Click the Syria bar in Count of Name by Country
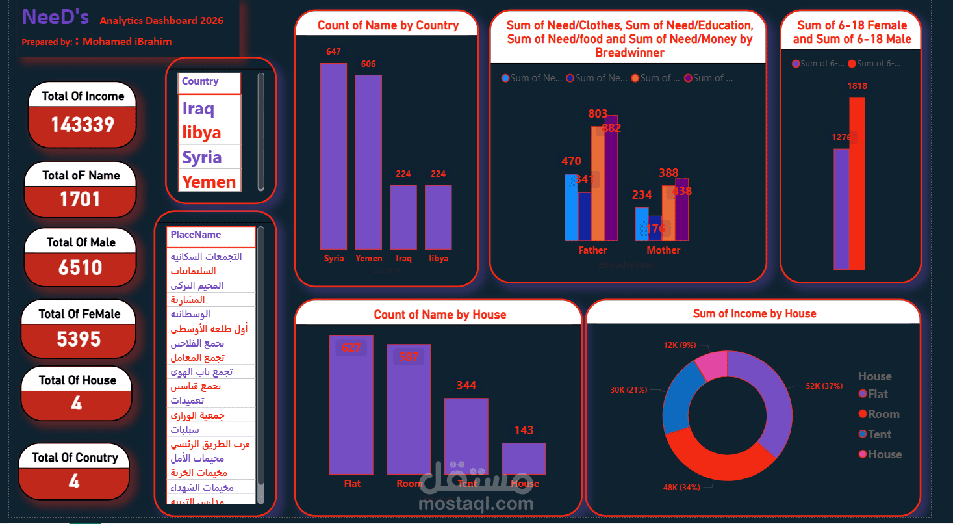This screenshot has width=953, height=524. point(333,156)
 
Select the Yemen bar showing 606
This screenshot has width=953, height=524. point(368,162)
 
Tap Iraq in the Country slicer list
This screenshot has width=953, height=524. point(198,108)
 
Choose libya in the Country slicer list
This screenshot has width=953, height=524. point(201,133)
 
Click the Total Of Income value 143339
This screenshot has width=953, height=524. point(83,125)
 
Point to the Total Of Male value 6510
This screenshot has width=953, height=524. point(81,267)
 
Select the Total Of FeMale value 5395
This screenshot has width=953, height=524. point(79,339)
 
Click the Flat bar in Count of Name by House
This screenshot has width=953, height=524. point(351,416)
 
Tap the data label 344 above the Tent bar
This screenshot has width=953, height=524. point(466,386)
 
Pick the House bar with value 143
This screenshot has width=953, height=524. point(524,458)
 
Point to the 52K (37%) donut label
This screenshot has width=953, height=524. point(824,386)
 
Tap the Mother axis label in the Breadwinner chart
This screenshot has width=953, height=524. point(663,250)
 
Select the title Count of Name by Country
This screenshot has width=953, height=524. point(388,25)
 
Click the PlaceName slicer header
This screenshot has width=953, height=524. point(196,235)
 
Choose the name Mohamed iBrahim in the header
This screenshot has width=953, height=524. point(127,42)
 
